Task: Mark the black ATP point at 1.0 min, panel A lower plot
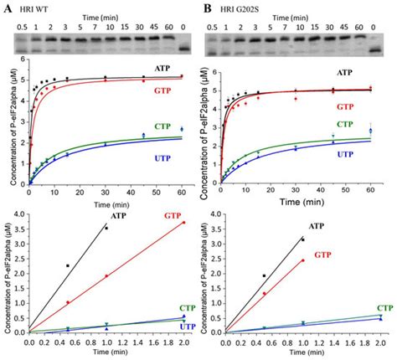(x=106, y=228)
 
